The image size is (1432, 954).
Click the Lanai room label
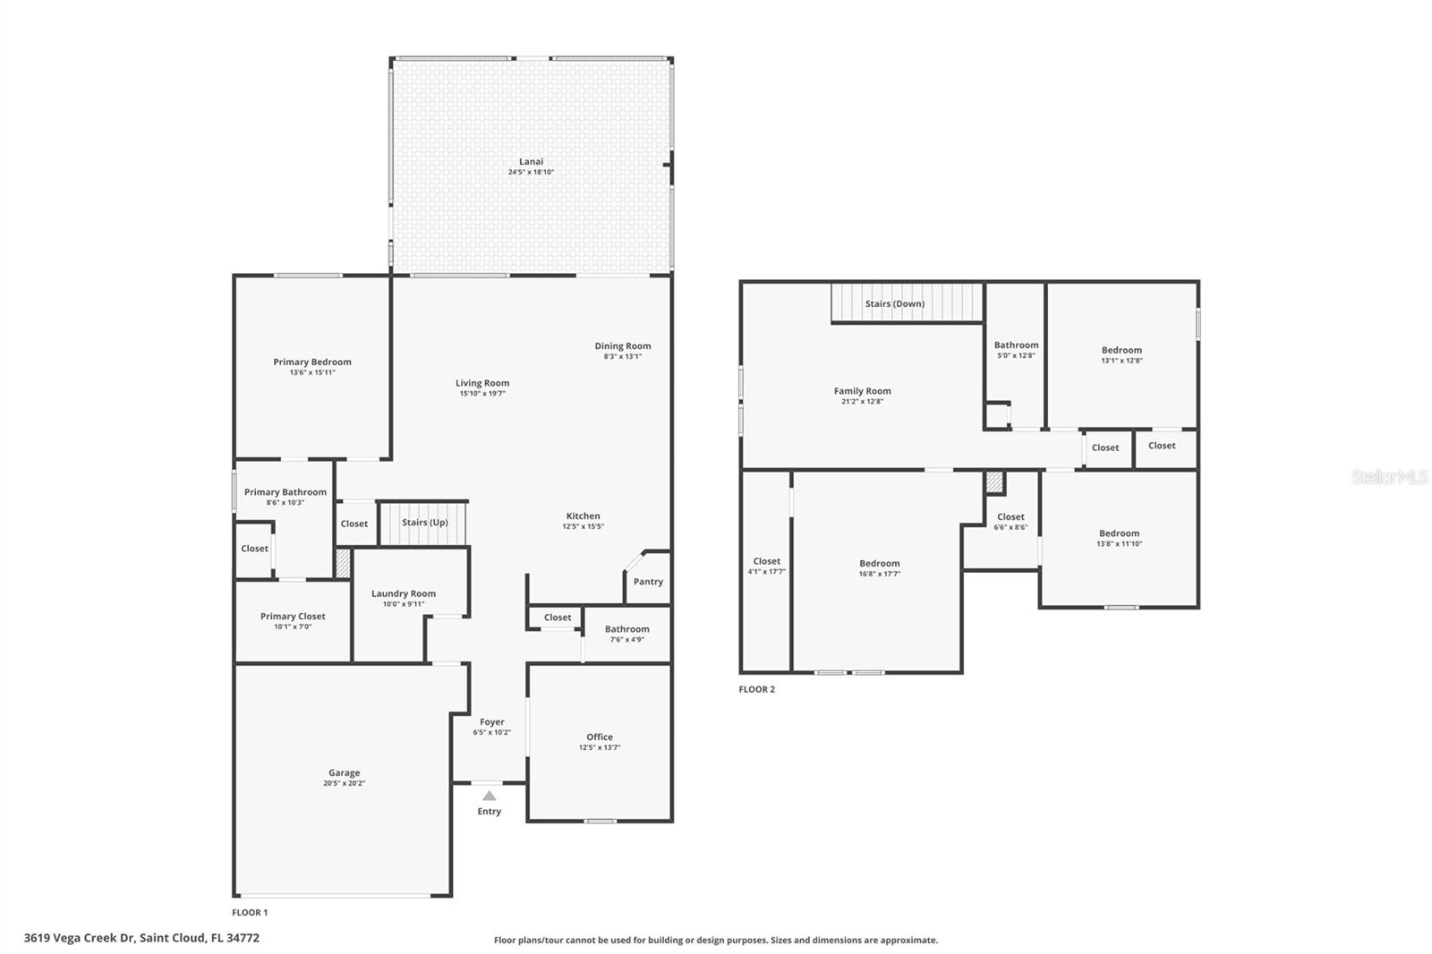531,162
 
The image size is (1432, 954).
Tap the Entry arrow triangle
489,796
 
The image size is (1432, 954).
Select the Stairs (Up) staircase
424,524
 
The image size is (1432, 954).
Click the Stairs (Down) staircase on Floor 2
907,302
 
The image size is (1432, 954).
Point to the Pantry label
648,582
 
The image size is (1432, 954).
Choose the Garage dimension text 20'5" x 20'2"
344,783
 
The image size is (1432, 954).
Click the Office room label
600,737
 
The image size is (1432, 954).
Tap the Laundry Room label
404,593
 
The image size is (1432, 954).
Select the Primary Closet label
293,617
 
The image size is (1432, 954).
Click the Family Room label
863,391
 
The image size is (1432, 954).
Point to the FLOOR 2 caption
757,689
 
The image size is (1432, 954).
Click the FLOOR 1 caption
250,913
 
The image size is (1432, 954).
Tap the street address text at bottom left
142,938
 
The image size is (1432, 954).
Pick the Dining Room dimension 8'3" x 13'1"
623,357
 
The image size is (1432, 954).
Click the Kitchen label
583,516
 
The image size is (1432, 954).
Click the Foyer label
492,722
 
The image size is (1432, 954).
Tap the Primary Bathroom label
286,491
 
